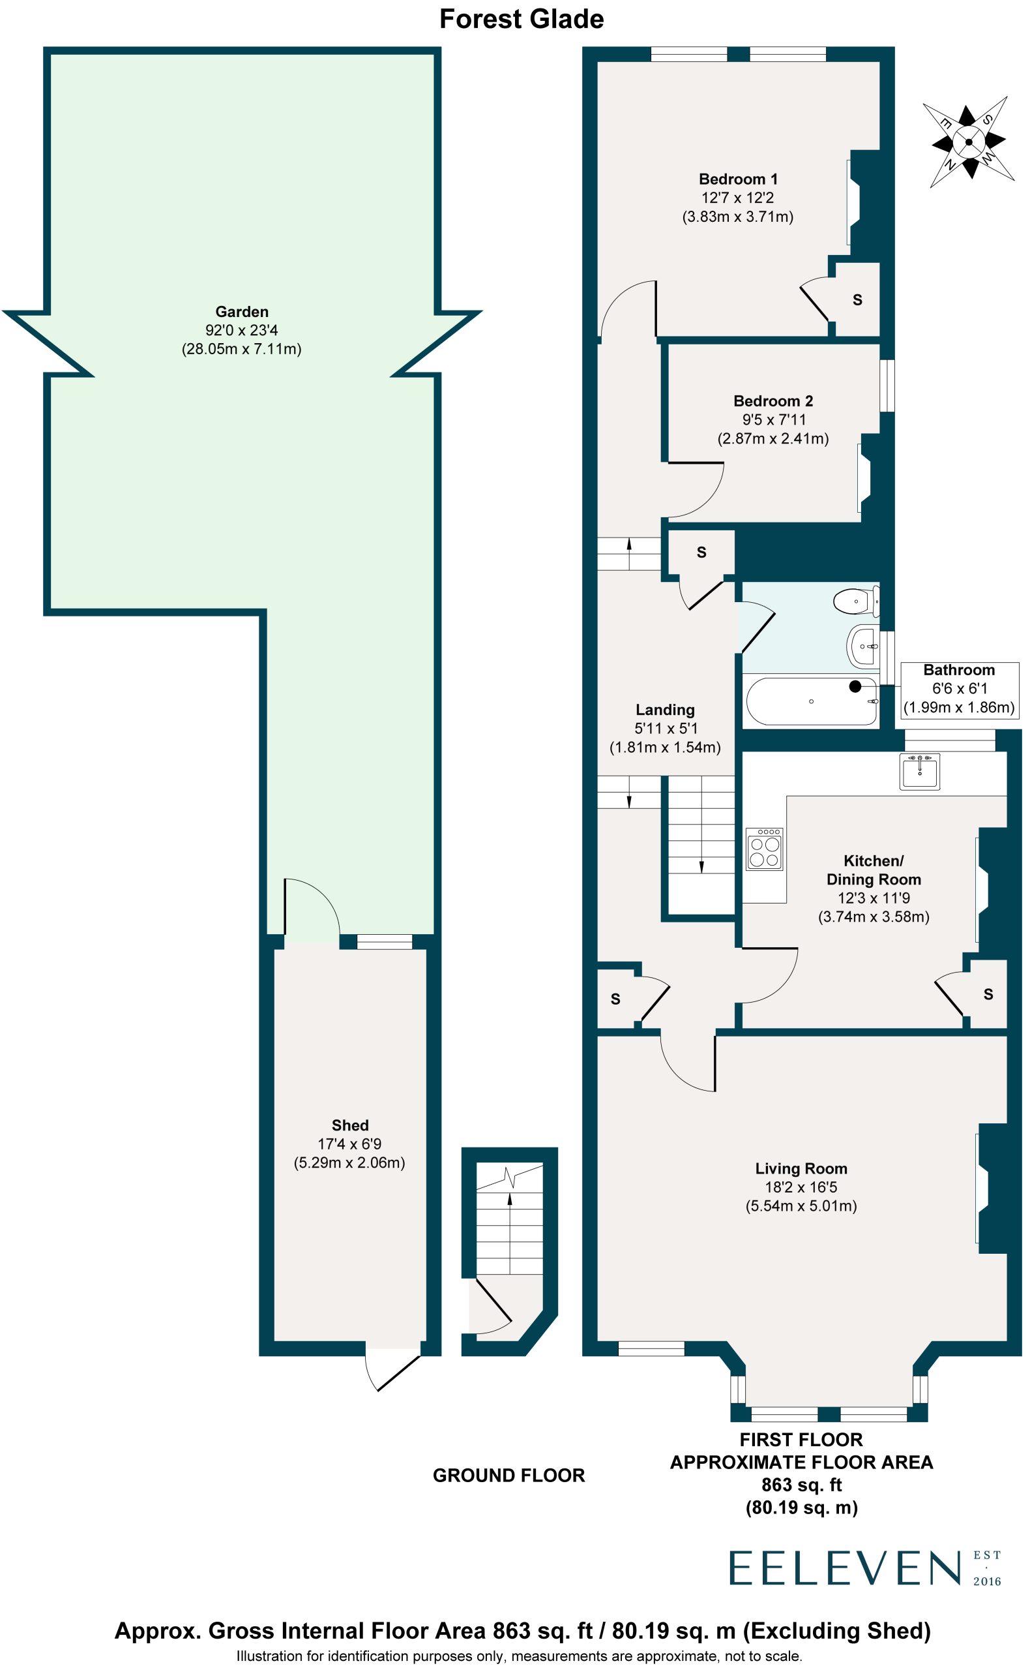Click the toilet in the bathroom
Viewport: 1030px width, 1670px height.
tap(857, 601)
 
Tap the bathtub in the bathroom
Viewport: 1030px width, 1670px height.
tap(812, 701)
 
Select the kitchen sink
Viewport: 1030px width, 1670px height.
tap(920, 772)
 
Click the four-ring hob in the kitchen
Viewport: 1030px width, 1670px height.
tap(764, 849)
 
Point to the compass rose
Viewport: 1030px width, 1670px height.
tap(968, 142)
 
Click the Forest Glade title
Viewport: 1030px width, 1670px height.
tap(521, 19)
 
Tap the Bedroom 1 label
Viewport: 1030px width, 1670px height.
tap(738, 179)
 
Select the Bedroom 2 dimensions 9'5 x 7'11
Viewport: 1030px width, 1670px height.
tap(773, 420)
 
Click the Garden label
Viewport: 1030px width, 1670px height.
tap(242, 312)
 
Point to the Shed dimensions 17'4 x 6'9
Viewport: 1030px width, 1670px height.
tap(349, 1144)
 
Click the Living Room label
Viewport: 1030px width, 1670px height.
tap(801, 1168)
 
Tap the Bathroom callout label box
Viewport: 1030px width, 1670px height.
tap(959, 689)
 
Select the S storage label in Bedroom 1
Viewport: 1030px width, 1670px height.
tap(858, 299)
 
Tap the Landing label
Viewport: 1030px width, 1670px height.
tap(665, 710)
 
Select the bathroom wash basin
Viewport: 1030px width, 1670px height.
tap(863, 646)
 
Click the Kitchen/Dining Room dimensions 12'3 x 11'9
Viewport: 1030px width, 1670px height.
tap(874, 898)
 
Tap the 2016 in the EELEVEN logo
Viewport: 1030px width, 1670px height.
tap(987, 1581)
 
